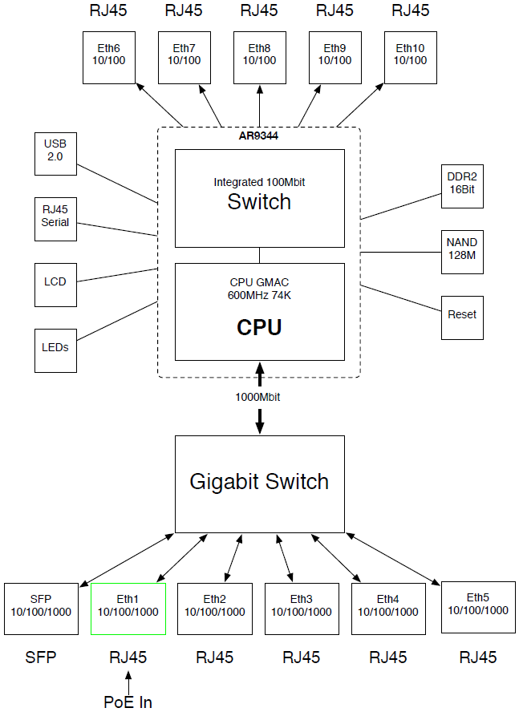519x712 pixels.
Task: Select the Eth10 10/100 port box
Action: pos(410,56)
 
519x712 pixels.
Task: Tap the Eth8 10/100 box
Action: pos(259,56)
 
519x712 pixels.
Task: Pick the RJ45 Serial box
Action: pos(55,217)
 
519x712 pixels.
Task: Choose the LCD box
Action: pos(55,281)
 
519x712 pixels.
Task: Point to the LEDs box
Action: pos(55,350)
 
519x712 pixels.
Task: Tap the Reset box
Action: pos(463,315)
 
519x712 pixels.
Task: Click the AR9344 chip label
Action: pos(258,136)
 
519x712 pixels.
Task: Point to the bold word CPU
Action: pos(259,328)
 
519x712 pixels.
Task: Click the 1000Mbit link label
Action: pos(257,397)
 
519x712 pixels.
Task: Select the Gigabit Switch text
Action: pos(259,482)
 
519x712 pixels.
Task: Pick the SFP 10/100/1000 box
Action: pos(41,607)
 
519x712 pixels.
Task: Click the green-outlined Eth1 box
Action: pos(128,608)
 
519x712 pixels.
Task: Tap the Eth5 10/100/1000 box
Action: pos(477,605)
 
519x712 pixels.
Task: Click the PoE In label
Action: pos(128,702)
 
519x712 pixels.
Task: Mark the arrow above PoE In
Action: pos(128,681)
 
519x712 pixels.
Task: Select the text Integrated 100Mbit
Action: pos(259,182)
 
